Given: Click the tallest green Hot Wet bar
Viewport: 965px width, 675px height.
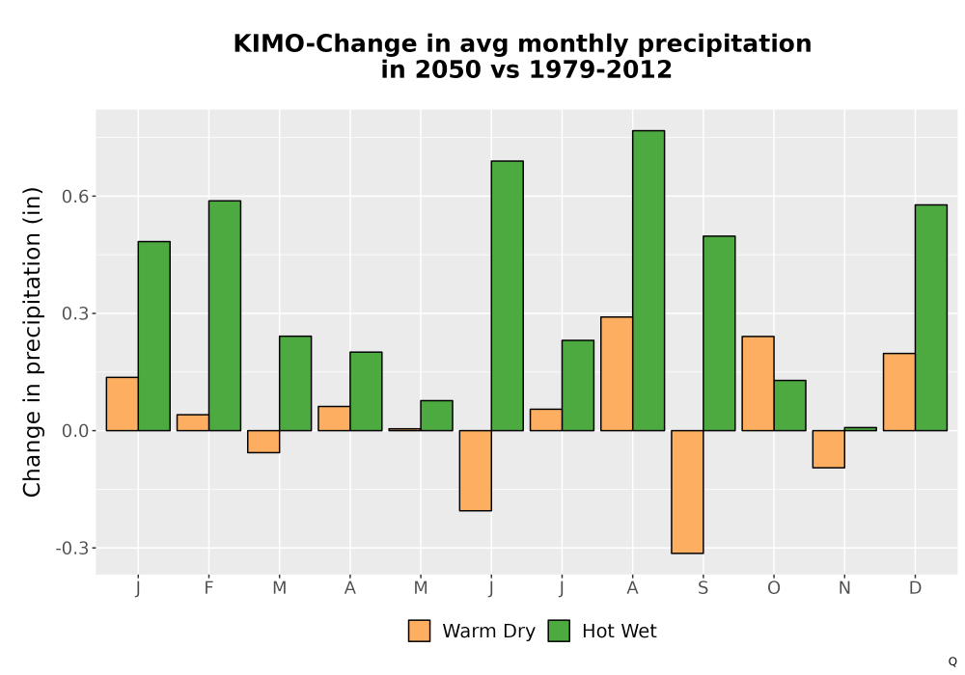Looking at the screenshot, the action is click(648, 281).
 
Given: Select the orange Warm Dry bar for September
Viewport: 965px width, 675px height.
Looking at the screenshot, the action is click(687, 492).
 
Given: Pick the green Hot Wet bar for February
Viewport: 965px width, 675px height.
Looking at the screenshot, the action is click(225, 315).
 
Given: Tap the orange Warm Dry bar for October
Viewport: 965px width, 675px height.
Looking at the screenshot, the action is click(758, 384).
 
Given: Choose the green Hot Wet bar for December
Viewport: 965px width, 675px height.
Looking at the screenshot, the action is click(931, 318).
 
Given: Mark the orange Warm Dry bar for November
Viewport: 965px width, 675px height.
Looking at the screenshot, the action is click(828, 449).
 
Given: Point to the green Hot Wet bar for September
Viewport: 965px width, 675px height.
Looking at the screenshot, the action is click(720, 334).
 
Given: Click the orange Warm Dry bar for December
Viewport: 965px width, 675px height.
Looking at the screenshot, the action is click(899, 392).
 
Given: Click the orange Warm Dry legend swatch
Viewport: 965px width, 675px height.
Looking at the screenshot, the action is click(419, 631).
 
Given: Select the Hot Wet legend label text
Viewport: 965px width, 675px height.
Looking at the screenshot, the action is click(620, 632).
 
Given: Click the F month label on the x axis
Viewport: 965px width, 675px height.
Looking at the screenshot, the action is click(208, 588).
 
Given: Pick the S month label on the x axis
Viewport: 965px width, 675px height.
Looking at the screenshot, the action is click(703, 588).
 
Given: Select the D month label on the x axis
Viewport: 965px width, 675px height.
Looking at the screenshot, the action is click(915, 588).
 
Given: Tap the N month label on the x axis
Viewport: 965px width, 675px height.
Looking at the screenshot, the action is click(844, 588).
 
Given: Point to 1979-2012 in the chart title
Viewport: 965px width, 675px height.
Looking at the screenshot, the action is click(600, 69).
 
